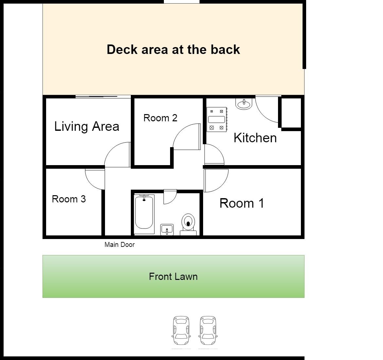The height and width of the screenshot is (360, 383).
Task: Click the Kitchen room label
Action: click(x=255, y=138)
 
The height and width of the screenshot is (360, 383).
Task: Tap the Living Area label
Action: click(x=87, y=127)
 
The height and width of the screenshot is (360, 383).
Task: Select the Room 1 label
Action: click(x=242, y=203)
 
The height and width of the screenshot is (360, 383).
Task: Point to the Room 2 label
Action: click(x=160, y=118)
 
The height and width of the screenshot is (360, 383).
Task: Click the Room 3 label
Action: click(x=69, y=199)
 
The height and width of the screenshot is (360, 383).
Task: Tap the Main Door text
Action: click(x=119, y=245)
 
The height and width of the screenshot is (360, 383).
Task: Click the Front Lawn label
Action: click(x=173, y=277)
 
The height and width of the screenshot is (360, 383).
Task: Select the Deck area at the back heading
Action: click(x=173, y=50)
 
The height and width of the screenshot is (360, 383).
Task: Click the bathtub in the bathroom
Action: click(x=144, y=214)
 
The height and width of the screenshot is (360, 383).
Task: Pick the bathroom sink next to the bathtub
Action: click(x=167, y=230)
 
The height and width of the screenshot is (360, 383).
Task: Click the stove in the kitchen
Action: click(x=217, y=119)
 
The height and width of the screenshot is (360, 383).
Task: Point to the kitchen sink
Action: click(x=244, y=104)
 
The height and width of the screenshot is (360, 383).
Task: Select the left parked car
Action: click(x=181, y=331)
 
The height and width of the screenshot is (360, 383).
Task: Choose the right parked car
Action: click(x=208, y=331)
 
